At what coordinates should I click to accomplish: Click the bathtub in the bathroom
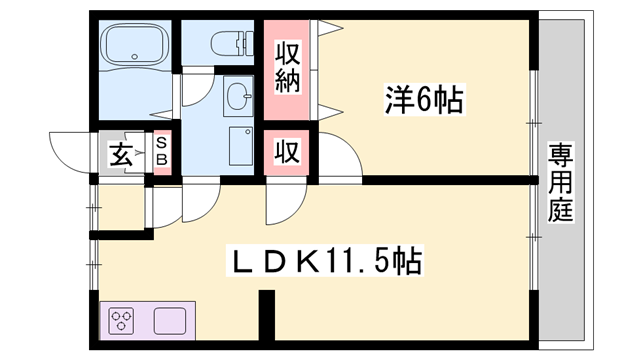(136, 47)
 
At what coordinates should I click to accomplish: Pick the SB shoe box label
(162, 154)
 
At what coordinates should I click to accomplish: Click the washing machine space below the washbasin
(239, 146)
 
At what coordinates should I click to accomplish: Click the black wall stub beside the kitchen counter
(266, 316)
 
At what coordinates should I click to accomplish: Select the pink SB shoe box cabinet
(162, 154)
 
